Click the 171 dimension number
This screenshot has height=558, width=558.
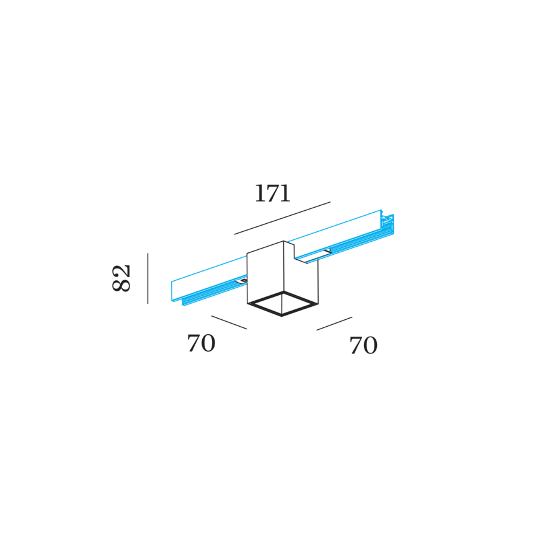273,193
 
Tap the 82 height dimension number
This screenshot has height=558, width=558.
122,278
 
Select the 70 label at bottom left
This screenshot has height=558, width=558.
201,343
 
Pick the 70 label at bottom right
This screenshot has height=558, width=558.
363,345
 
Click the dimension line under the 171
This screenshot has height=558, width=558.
282,218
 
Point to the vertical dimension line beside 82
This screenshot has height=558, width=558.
148,278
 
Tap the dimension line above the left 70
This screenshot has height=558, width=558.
229,322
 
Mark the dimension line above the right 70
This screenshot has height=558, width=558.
335,324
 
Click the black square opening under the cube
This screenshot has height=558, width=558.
282,304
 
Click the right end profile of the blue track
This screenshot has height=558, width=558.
387,224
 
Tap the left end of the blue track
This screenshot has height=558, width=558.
177,293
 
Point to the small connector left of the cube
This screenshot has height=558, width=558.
242,281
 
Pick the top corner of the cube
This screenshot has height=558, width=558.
283,241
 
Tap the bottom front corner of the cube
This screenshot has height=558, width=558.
282,316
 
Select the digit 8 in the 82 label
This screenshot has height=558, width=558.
122,285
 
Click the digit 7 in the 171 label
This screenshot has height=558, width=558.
273,194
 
